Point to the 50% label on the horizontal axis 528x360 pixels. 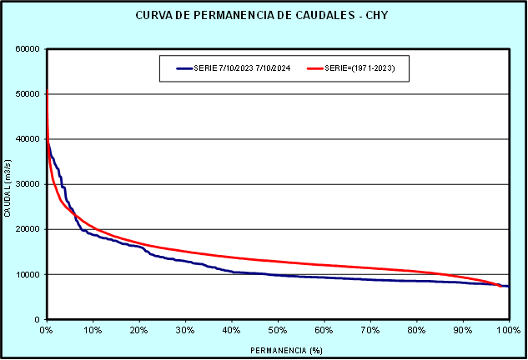278,330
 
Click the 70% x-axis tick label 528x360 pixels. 370,330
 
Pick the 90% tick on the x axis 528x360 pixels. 463,330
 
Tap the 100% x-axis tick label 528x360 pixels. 507,330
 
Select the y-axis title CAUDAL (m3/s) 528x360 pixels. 8,184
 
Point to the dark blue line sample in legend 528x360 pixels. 184,69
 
